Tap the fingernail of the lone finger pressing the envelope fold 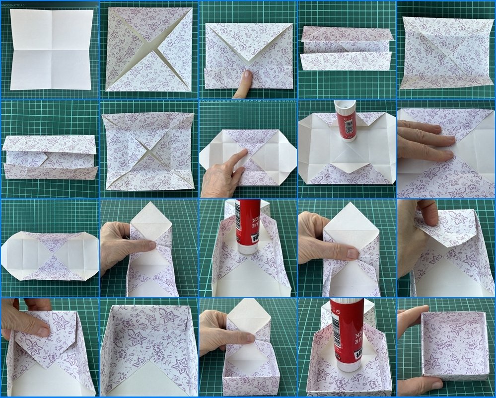(247, 75)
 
